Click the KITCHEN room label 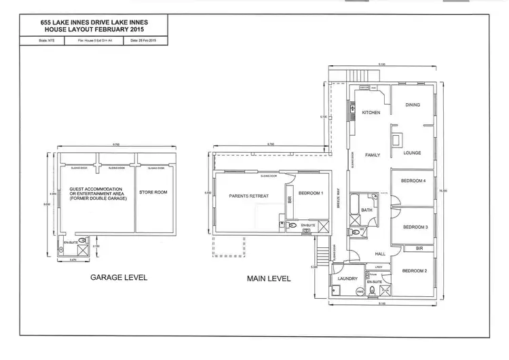(x=370, y=112)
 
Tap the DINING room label (x=413, y=105)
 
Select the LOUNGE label (x=412, y=153)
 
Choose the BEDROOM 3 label (x=415, y=227)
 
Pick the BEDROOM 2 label (x=413, y=272)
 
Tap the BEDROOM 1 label (x=311, y=194)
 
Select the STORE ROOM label (x=153, y=192)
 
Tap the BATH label (x=367, y=211)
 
